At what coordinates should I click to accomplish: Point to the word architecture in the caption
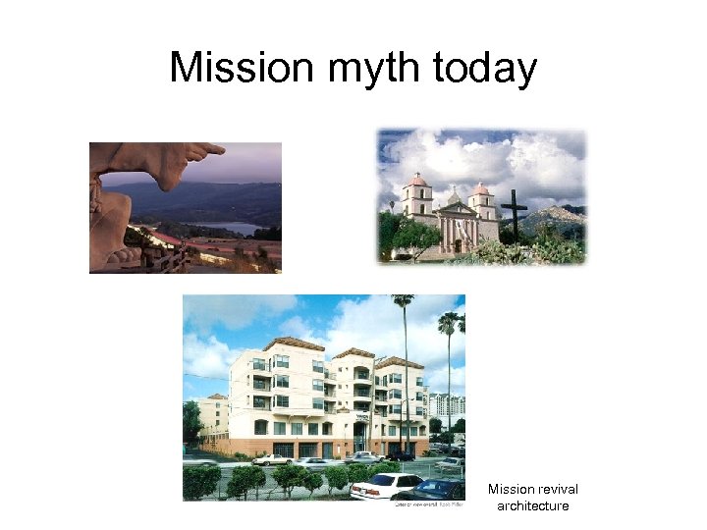(x=533, y=505)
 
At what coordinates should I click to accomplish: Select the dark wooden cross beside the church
(x=513, y=215)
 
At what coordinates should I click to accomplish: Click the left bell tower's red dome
(x=416, y=181)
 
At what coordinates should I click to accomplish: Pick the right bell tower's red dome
(x=481, y=187)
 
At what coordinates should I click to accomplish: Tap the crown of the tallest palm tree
(x=403, y=300)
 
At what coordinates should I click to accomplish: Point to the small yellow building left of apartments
(x=212, y=412)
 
